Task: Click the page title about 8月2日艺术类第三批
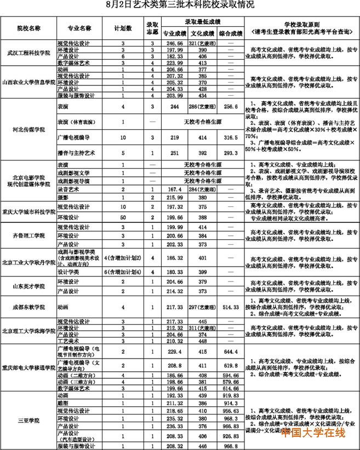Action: click(180, 5)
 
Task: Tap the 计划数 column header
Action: click(124, 27)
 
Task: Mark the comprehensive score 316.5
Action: click(231, 139)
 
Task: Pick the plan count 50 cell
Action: click(124, 217)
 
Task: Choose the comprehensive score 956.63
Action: click(231, 410)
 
